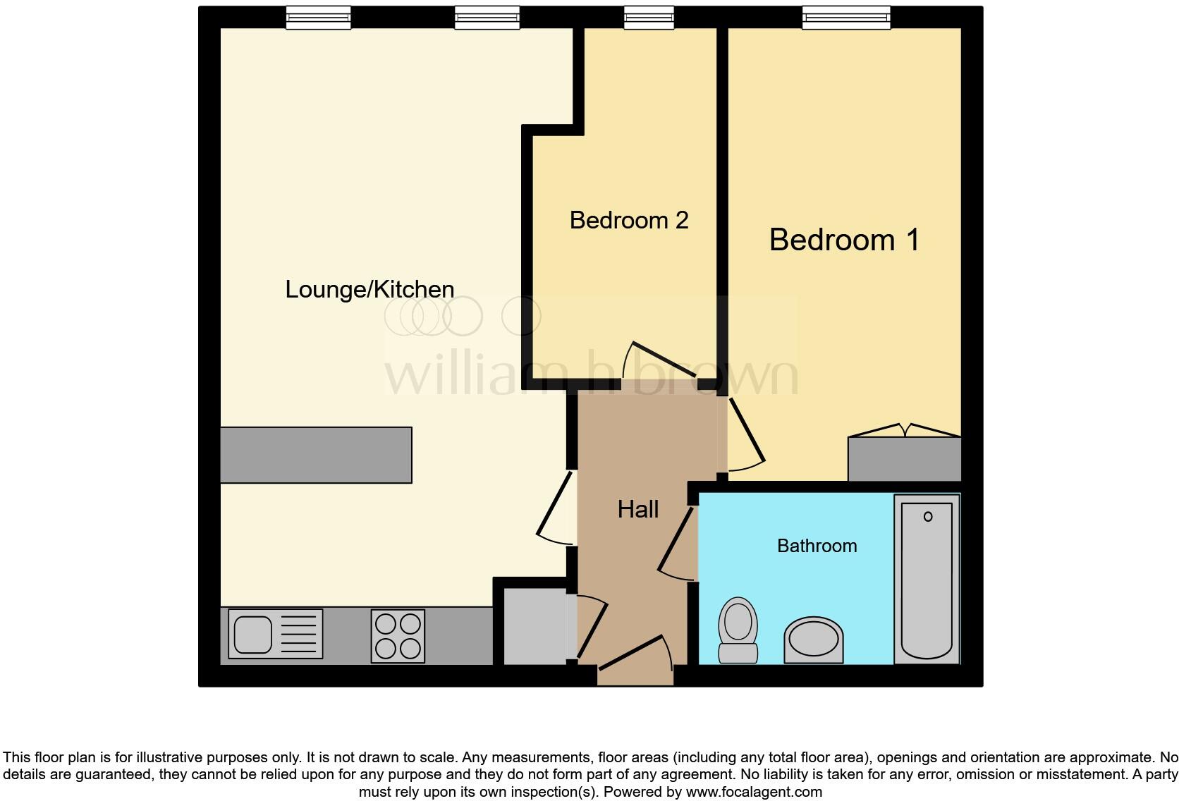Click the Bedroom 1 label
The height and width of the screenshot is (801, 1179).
coord(844,240)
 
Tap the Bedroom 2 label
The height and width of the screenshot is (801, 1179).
coord(628,220)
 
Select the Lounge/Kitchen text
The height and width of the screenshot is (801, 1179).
coord(369,289)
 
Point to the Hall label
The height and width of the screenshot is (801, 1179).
coord(638,509)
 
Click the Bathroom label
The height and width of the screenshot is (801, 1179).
coord(817,546)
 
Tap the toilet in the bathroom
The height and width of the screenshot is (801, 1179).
coord(738,630)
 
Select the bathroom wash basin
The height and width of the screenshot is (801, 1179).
coord(814,640)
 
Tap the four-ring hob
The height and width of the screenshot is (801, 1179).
coord(398,636)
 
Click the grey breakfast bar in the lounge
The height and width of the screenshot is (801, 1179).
coord(316,455)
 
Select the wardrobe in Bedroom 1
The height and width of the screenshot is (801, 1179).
coord(904,458)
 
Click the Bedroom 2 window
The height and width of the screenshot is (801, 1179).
coord(649,18)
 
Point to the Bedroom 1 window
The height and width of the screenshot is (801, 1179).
coord(845,18)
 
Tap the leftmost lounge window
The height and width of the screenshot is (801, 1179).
coord(318,18)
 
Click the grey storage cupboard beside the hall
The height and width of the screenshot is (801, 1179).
coord(534,626)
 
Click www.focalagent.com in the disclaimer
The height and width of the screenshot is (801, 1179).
coord(753,792)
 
